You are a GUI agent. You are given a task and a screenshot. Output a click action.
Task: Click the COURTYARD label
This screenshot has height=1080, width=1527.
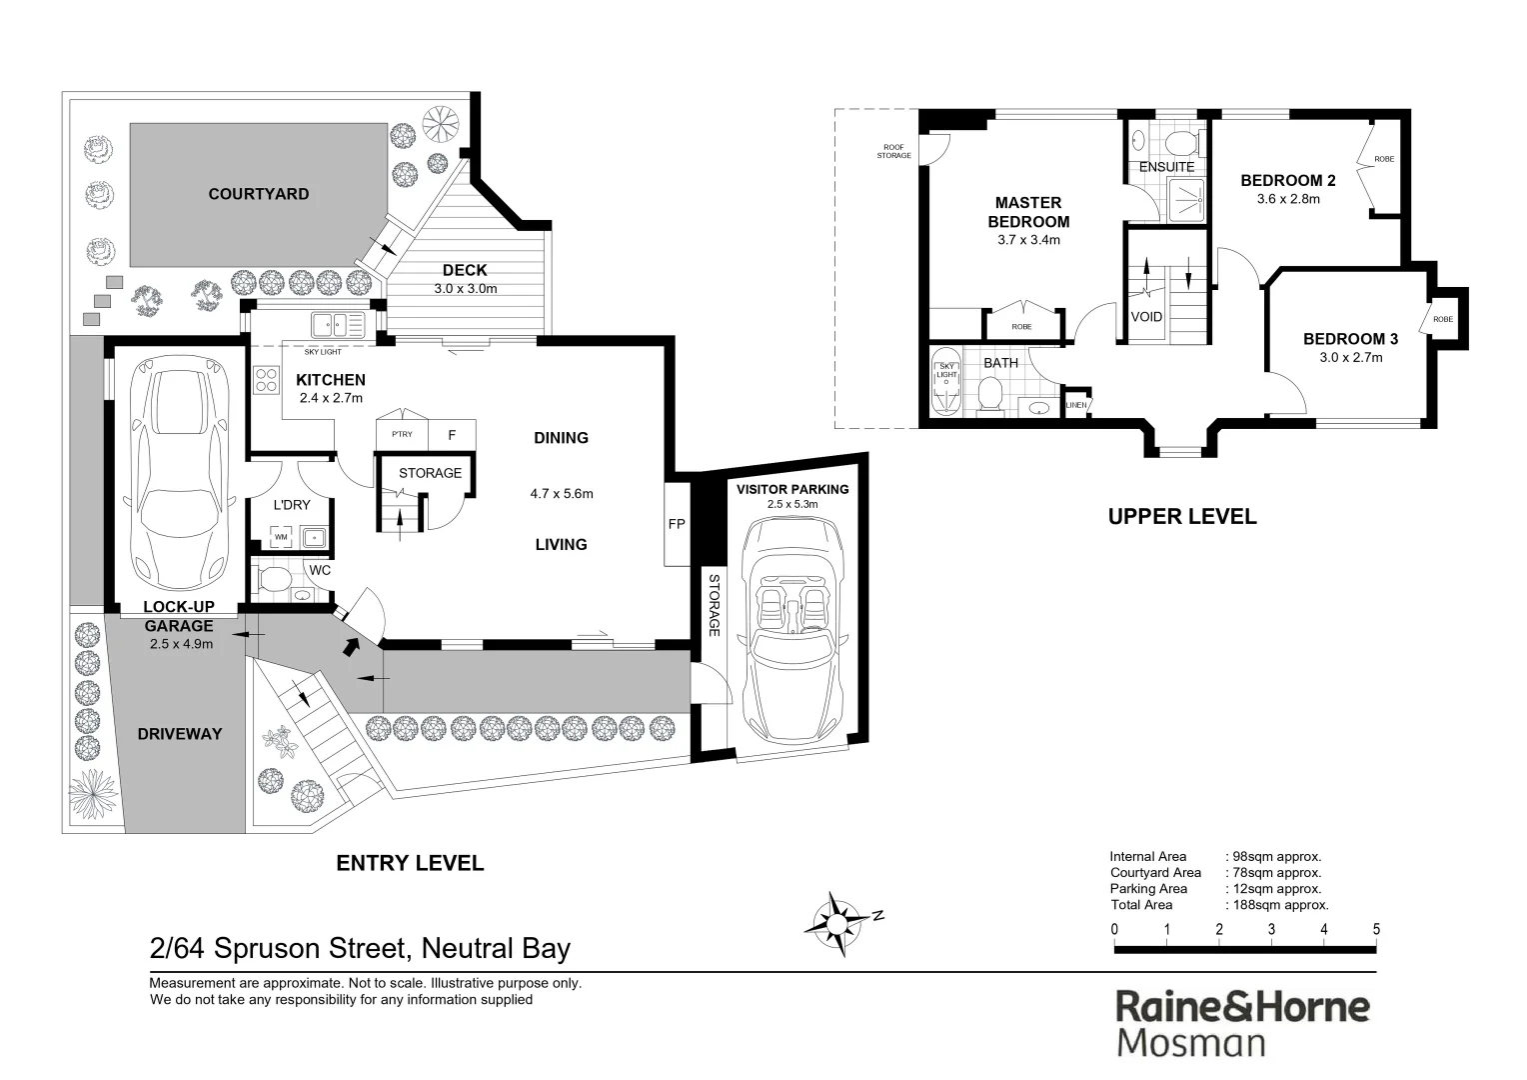click(258, 194)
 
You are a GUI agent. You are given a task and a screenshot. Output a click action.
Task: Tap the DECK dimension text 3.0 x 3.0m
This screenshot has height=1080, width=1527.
click(465, 289)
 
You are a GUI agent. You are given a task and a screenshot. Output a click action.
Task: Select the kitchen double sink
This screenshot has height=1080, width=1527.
click(338, 324)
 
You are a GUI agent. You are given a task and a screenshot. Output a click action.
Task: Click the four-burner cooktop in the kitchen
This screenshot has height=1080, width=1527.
click(267, 380)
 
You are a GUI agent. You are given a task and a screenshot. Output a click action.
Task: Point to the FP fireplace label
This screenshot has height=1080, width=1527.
click(677, 524)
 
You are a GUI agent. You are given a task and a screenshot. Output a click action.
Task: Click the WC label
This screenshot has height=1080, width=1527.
click(320, 570)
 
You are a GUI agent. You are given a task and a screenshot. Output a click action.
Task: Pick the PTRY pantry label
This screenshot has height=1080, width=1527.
click(401, 435)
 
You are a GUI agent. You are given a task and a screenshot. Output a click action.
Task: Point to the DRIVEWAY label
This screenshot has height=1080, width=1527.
click(180, 734)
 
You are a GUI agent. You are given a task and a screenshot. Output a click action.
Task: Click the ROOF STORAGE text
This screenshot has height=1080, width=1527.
click(893, 151)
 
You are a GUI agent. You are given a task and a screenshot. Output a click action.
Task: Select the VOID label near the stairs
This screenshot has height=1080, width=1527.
click(1146, 317)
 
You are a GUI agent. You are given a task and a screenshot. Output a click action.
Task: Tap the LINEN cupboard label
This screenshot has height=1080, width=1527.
click(1075, 405)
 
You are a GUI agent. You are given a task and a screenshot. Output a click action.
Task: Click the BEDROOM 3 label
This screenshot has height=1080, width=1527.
click(1350, 339)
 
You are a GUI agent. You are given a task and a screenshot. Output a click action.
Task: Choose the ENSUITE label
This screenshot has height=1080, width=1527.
click(1166, 167)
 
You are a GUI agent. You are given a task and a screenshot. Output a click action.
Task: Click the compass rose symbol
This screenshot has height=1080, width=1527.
click(835, 917)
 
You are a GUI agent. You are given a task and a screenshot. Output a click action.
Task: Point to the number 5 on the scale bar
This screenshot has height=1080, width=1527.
click(1376, 929)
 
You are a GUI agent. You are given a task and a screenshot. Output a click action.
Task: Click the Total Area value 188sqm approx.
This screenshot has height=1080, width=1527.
click(1278, 905)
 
